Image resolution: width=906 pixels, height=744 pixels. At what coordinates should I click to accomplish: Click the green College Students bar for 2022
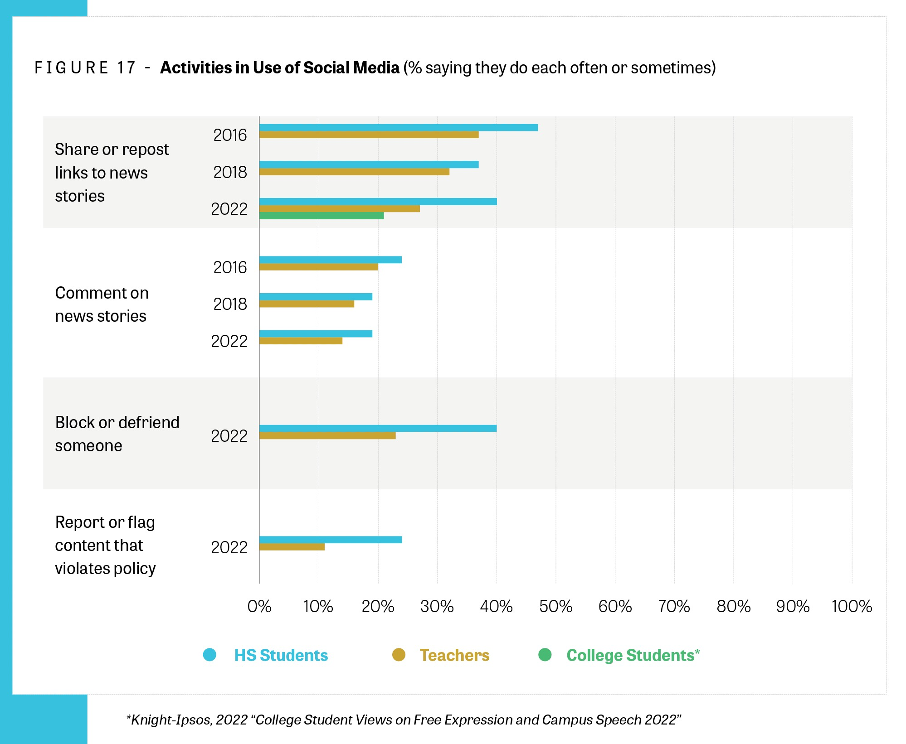[321, 216]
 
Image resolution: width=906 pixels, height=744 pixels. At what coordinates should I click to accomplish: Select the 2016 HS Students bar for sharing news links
[398, 128]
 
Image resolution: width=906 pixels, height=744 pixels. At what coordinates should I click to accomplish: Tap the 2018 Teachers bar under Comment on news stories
[307, 304]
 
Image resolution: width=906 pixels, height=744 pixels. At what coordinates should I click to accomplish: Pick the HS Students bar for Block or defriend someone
[378, 429]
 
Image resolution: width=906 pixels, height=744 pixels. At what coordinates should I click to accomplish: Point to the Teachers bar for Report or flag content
[292, 547]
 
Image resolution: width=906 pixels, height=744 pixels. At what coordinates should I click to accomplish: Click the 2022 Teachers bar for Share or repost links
[339, 209]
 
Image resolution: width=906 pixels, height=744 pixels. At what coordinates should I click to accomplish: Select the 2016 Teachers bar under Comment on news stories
[318, 267]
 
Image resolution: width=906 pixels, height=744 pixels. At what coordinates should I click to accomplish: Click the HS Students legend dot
[209, 655]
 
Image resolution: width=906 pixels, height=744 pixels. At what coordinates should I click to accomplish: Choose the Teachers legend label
[454, 655]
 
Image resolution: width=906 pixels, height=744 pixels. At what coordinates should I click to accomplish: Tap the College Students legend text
[633, 655]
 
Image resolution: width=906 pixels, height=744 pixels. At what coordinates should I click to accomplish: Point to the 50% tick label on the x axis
[555, 607]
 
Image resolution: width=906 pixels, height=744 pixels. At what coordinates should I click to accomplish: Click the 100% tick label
[852, 607]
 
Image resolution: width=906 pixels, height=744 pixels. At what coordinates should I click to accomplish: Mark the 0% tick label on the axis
[259, 607]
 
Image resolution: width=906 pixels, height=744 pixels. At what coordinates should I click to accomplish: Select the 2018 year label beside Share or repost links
[230, 172]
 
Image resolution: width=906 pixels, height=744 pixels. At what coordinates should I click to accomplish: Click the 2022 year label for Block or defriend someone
[229, 436]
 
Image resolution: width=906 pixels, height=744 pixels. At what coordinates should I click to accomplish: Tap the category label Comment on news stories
[102, 304]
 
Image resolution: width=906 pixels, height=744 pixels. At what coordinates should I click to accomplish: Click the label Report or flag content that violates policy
[105, 545]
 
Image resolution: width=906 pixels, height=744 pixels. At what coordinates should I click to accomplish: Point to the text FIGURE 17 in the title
[85, 68]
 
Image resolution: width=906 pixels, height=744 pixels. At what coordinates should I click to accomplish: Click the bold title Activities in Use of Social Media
[280, 68]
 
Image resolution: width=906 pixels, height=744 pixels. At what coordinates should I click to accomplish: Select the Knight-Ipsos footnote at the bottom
[404, 720]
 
